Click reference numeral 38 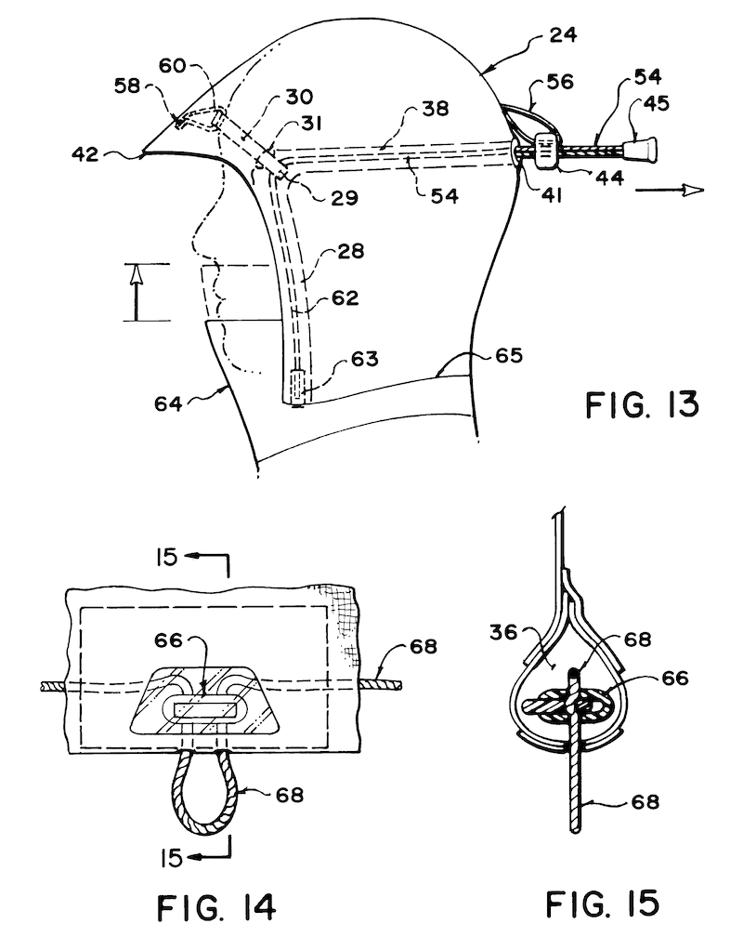434,108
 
